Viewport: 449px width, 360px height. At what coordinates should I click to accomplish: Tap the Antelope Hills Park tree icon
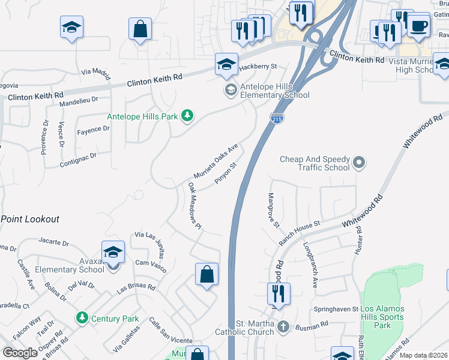[x=187, y=115]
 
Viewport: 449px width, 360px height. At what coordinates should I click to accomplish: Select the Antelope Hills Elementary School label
[x=274, y=91]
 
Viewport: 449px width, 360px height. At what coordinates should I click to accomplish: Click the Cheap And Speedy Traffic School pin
[x=359, y=162]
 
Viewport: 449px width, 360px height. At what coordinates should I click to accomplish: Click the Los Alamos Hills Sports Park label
[x=382, y=317]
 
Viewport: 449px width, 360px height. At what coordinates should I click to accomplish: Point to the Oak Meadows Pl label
[x=194, y=206]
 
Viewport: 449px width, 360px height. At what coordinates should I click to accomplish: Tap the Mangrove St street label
[x=274, y=210]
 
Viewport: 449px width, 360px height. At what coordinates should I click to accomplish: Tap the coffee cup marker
[x=418, y=26]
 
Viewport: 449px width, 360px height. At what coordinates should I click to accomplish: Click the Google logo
[x=20, y=353]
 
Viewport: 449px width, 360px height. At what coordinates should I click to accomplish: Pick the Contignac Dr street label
[x=78, y=160]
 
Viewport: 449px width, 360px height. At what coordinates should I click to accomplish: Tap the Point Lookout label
[x=30, y=219]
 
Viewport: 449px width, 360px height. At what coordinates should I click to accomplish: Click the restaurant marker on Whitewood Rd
[x=279, y=294]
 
